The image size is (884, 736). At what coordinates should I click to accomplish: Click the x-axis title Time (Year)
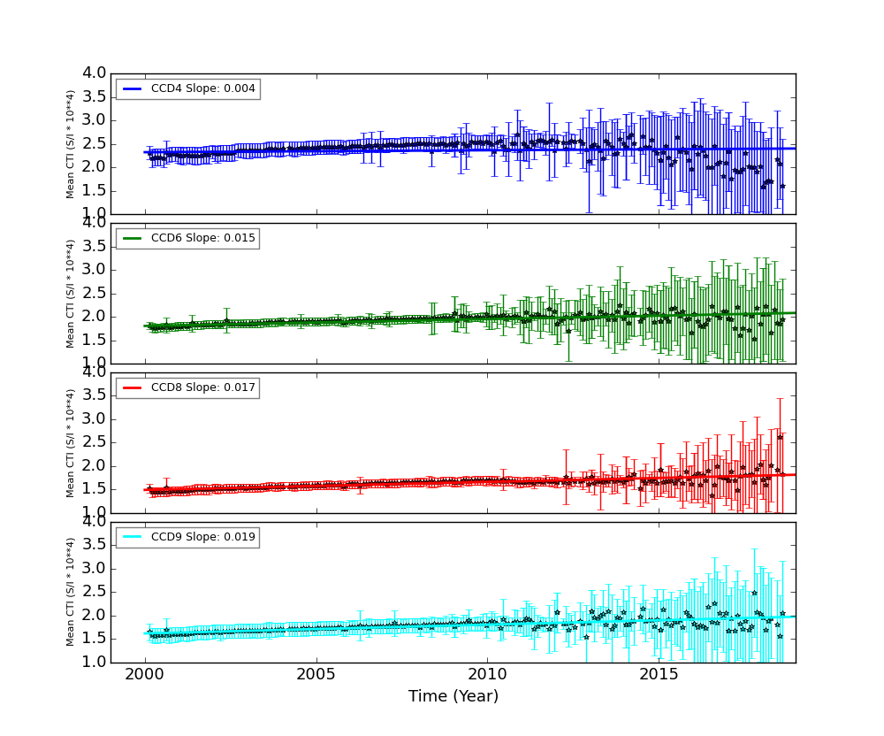[x=453, y=696]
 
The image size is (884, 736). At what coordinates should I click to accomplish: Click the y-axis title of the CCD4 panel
[x=71, y=143]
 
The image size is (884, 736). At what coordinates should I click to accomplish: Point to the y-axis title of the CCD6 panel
[x=71, y=293]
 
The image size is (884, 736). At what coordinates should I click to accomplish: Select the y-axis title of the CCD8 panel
[x=71, y=442]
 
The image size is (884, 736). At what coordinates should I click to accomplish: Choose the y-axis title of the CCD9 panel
[x=71, y=592]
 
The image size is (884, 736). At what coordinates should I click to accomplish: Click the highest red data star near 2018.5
[x=780, y=437]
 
